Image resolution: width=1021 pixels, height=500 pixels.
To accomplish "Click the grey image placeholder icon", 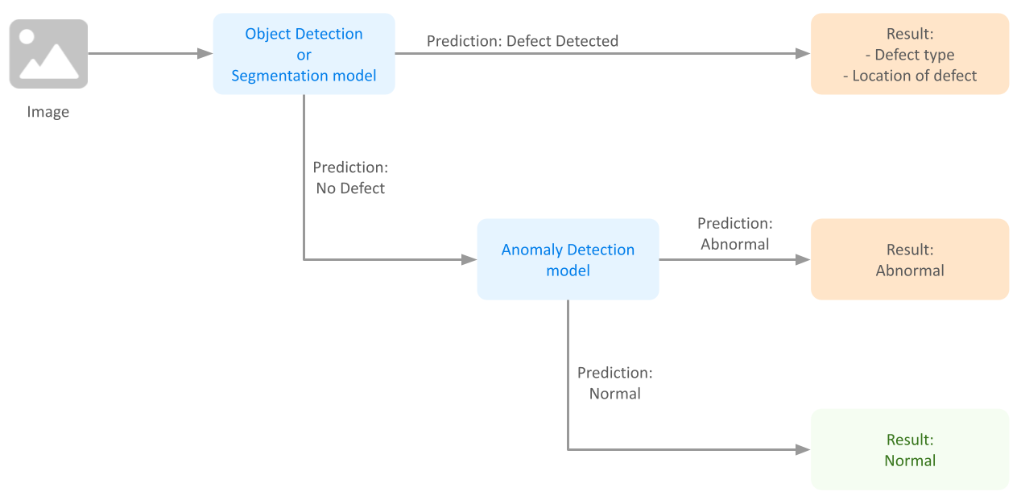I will [48, 54].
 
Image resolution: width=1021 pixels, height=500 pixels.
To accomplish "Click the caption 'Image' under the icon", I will [48, 112].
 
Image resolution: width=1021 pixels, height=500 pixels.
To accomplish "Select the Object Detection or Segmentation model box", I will [304, 54].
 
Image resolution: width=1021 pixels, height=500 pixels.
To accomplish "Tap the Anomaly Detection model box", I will [568, 259].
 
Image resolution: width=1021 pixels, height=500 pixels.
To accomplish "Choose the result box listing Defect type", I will [909, 54].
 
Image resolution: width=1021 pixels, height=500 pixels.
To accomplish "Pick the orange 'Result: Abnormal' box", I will [909, 259].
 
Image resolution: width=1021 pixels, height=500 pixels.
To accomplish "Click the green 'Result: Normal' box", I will [909, 449].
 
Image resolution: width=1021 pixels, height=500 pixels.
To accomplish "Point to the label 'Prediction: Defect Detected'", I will [522, 41].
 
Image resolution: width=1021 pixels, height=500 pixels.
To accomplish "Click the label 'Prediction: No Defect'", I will [349, 178].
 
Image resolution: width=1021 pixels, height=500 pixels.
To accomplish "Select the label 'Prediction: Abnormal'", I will [734, 233].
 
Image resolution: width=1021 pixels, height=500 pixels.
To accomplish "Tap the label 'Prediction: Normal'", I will [614, 383].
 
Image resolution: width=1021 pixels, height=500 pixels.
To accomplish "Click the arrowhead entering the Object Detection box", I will [205, 54].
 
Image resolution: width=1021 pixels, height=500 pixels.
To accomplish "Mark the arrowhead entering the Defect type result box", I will [803, 54].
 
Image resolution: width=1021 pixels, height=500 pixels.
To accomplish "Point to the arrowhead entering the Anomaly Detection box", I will [469, 259].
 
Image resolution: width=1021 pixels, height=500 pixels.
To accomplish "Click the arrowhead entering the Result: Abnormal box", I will [803, 259].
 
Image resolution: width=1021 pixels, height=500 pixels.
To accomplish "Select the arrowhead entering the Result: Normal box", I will [803, 449].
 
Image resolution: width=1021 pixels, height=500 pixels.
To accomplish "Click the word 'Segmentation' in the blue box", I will [276, 76].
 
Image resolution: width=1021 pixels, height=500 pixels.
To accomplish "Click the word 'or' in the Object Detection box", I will [304, 55].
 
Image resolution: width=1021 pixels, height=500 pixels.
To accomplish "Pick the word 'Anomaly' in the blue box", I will [532, 250].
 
